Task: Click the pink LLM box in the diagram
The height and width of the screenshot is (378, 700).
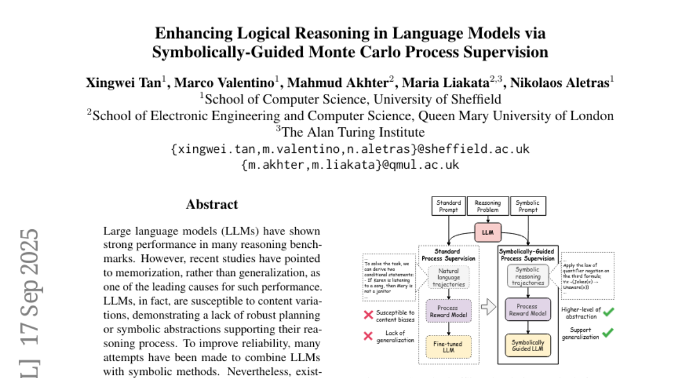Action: click(488, 232)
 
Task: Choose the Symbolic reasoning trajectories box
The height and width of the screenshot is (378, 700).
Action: click(528, 275)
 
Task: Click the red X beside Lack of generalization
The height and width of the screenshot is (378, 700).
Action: click(368, 336)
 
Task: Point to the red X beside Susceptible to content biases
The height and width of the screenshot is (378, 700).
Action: click(368, 315)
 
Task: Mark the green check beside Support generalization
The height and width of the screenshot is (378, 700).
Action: click(608, 332)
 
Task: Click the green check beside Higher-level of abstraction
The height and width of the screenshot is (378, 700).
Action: click(608, 311)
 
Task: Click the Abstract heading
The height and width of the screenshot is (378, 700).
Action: click(212, 205)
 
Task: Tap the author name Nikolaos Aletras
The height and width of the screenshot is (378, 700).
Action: click(560, 82)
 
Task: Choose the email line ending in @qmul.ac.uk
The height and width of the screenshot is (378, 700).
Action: click(350, 165)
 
